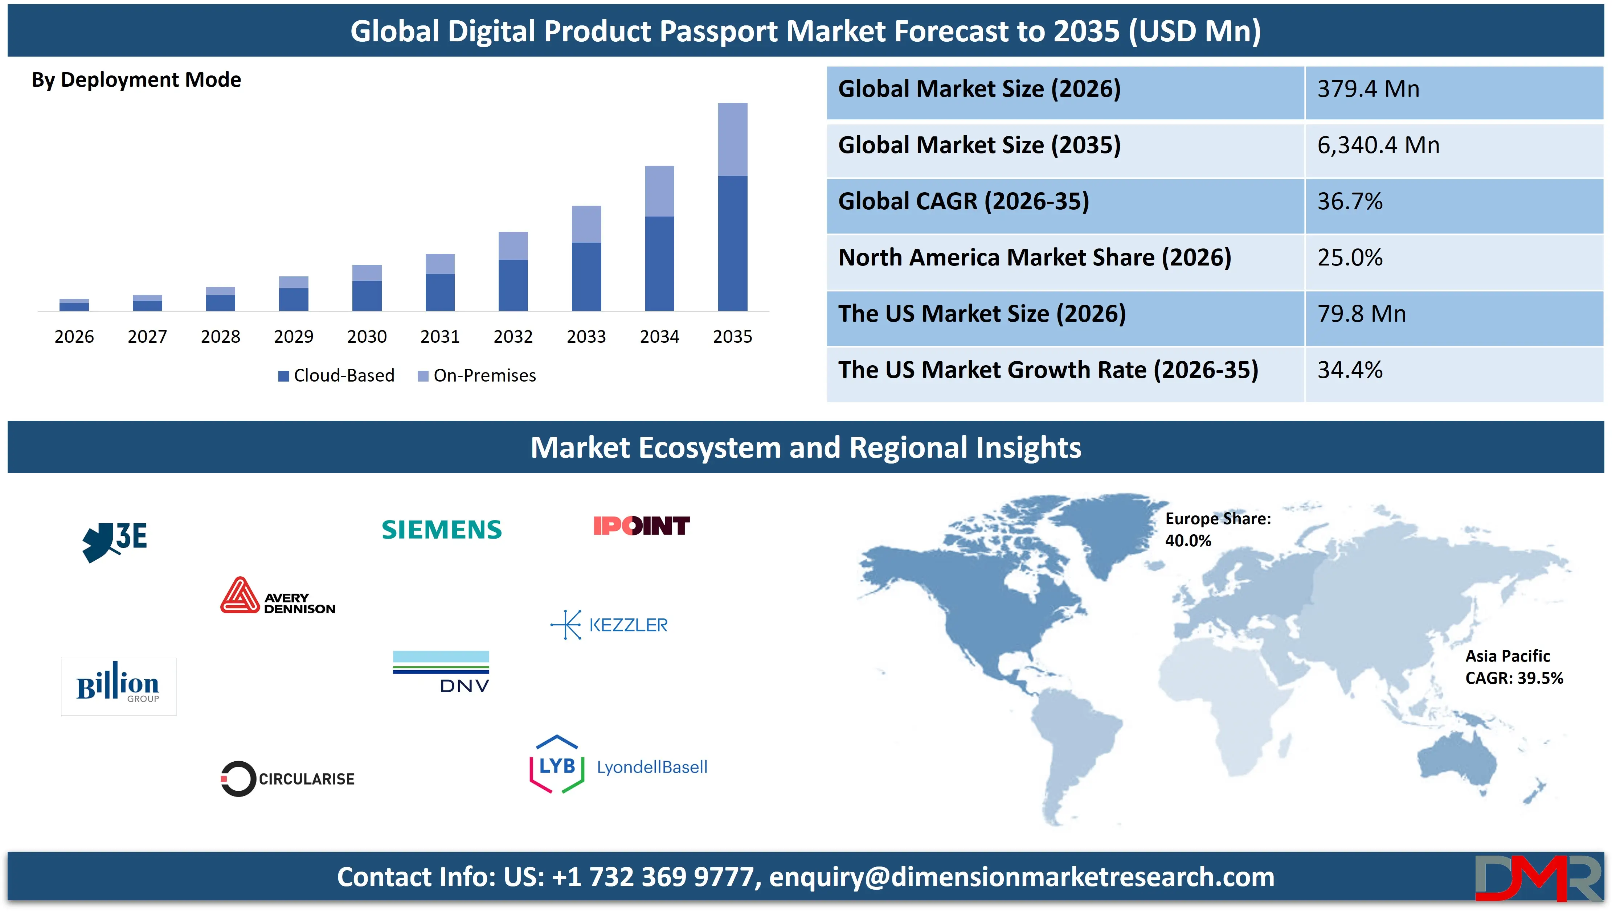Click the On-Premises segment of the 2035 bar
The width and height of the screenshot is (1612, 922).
(732, 139)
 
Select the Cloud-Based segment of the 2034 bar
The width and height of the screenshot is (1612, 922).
(659, 263)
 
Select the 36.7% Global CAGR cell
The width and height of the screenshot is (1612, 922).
(1350, 201)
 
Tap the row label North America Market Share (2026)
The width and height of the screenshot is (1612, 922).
(1034, 258)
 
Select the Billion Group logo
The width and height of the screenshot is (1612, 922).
(118, 687)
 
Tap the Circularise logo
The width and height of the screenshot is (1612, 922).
(287, 778)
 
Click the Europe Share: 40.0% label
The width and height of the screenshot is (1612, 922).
(1218, 530)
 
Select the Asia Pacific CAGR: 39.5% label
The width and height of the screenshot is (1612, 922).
(1514, 667)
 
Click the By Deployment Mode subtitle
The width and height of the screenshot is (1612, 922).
(136, 80)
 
